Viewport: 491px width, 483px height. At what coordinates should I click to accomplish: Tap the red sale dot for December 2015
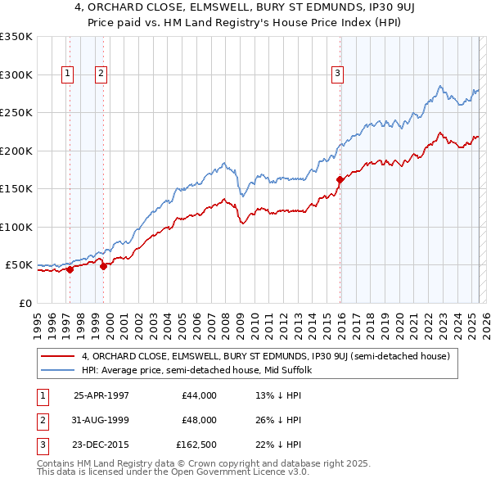pos(340,179)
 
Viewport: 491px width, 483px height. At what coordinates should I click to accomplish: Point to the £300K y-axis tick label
pos(16,74)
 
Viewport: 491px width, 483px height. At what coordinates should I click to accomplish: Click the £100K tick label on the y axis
pos(16,227)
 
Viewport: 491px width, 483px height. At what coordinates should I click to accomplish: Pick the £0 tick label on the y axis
pos(25,303)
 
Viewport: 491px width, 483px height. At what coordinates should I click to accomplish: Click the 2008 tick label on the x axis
pos(226,319)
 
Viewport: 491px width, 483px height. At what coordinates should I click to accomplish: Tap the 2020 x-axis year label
pos(399,319)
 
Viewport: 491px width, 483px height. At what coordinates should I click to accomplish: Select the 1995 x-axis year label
pos(38,319)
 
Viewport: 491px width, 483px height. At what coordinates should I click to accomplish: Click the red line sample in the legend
pos(58,356)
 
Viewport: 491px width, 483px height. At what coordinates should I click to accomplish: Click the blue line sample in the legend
pos(58,370)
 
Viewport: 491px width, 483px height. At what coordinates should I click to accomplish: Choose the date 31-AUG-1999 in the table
pos(101,420)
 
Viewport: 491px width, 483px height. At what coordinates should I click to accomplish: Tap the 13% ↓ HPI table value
pos(278,395)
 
